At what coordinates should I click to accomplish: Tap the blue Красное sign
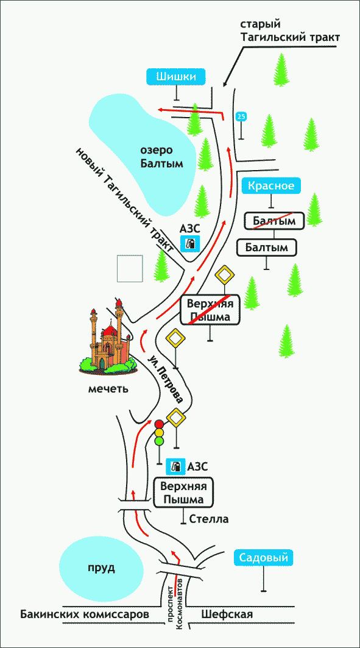tap(271, 186)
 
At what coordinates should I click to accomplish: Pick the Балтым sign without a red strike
tap(267, 247)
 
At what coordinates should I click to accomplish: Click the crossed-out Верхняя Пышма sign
tap(210, 310)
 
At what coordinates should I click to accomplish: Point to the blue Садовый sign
tap(264, 558)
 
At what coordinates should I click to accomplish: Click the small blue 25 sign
tap(241, 117)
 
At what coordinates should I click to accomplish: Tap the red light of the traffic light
tap(159, 424)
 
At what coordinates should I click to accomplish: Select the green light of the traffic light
tap(159, 441)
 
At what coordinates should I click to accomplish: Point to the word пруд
tap(101, 568)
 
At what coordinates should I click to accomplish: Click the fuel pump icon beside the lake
tap(190, 243)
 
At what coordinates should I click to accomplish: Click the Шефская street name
tap(227, 614)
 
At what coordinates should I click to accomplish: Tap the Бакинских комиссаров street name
tap(84, 614)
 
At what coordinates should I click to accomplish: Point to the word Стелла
tap(209, 519)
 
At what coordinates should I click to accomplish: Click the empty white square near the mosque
tap(130, 269)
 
